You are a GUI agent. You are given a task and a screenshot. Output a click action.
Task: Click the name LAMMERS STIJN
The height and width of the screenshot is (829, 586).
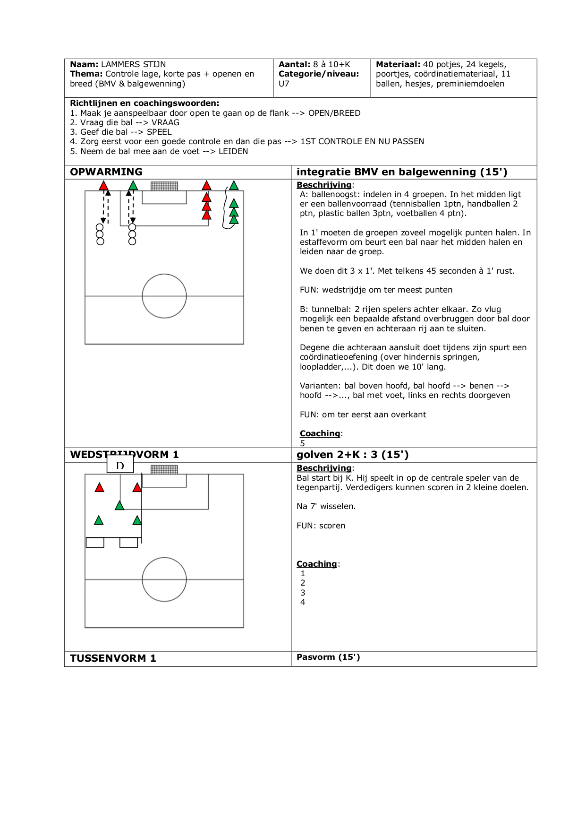[x=133, y=64]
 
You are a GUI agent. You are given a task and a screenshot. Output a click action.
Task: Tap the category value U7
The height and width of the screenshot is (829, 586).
[x=284, y=84]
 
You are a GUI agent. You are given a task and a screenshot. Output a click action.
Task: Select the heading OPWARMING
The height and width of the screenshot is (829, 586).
[x=106, y=172]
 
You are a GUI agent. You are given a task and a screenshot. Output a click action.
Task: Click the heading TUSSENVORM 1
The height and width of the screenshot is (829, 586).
[x=113, y=658]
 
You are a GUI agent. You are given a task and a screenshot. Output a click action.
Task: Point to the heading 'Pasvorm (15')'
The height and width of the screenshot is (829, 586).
[x=328, y=657]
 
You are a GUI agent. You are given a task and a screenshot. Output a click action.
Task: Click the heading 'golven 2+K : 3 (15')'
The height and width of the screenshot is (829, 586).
[x=352, y=455]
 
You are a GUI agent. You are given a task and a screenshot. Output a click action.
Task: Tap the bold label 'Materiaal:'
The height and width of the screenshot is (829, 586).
[x=398, y=64]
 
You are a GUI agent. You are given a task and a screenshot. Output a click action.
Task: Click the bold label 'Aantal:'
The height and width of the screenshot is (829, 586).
[x=294, y=64]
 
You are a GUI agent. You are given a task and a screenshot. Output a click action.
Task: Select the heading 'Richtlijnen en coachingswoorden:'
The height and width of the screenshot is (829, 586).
[x=144, y=103]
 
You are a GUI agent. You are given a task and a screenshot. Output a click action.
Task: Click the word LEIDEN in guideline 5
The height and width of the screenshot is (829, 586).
[x=233, y=151]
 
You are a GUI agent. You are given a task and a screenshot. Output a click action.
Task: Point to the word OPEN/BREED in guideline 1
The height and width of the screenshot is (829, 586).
[x=334, y=113]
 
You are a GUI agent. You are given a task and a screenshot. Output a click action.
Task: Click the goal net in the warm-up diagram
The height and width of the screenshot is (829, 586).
[x=164, y=186]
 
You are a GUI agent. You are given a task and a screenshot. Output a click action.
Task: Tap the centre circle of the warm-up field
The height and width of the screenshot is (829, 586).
[x=164, y=296]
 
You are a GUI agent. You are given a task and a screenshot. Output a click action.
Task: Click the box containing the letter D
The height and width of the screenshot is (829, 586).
[x=120, y=465]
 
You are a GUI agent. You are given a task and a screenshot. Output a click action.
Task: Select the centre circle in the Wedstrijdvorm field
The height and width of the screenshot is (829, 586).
[x=164, y=579]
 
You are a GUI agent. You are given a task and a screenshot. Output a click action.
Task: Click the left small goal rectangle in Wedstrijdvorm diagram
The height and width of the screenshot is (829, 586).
[x=95, y=543]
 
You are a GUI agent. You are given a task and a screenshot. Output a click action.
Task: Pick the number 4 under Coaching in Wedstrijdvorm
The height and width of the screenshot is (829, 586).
[x=303, y=602]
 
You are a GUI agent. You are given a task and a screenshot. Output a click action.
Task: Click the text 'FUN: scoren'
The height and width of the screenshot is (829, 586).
[x=321, y=526]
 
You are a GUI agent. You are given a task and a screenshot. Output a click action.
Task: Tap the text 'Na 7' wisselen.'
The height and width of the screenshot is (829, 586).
[x=326, y=506]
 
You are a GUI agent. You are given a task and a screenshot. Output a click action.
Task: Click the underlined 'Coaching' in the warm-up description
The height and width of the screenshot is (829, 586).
[x=320, y=433]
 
